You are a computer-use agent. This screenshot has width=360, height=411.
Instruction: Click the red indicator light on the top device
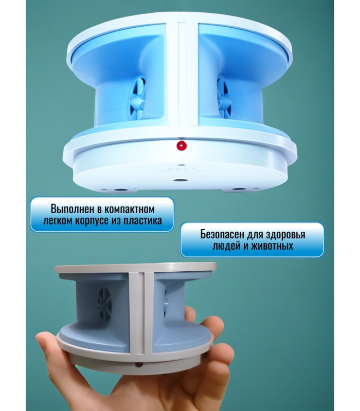(x=181, y=145)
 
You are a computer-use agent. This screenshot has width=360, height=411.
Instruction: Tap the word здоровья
(x=285, y=235)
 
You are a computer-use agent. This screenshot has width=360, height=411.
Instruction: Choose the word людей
(x=225, y=247)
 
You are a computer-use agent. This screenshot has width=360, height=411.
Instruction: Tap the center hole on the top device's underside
(x=181, y=181)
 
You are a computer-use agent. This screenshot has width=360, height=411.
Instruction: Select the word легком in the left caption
(x=58, y=221)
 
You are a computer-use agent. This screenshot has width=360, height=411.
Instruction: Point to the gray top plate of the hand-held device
(x=135, y=268)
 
